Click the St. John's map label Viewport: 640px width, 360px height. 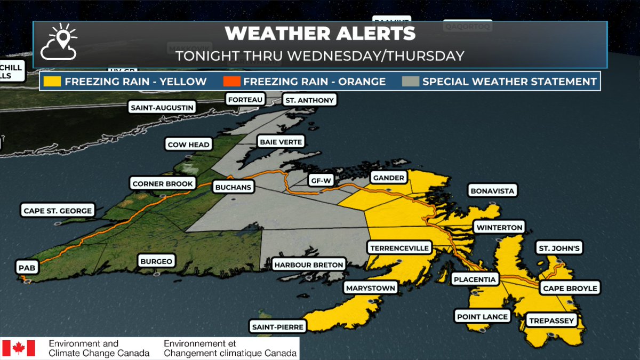559,248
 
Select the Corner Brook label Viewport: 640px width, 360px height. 163,184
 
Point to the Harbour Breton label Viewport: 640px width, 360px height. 309,264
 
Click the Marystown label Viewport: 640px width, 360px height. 371,288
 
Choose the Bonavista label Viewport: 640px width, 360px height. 493,190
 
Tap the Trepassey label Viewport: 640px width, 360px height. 551,321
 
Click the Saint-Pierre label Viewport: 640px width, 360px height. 278,326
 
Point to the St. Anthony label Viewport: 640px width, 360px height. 309,100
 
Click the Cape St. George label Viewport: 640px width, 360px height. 58,210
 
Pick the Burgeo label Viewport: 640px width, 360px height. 156,261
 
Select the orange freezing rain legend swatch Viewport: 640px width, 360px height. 231,82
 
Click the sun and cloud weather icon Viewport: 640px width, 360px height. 60,43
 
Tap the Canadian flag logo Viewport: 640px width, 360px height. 19,348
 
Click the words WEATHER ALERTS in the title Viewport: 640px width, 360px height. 320,34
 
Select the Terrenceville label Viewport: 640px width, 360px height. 399,248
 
